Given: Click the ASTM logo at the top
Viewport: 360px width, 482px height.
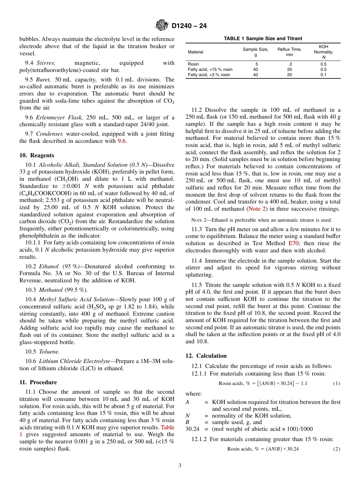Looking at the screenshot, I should point(162,26).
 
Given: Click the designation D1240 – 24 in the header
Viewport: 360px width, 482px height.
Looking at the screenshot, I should point(189,26).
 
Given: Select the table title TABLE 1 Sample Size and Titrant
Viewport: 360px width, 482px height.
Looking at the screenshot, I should point(263,39).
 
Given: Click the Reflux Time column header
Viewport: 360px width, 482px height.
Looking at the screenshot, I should point(289,52).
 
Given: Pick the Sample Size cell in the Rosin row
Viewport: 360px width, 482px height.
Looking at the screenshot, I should point(256,64).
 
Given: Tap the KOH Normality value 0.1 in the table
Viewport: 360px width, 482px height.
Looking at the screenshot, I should point(323,75).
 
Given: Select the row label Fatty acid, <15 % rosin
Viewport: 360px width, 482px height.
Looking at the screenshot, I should point(210,69).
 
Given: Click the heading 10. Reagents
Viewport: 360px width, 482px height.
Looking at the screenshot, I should point(37,155).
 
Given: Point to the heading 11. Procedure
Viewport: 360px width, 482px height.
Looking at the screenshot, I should point(38,382).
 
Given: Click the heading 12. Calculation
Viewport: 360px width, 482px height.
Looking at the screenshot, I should point(206,356).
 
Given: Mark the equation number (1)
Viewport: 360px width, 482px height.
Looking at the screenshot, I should point(337,383).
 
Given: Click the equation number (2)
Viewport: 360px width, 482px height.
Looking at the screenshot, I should point(337,449).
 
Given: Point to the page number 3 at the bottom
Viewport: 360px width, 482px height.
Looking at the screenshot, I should point(180,466).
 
